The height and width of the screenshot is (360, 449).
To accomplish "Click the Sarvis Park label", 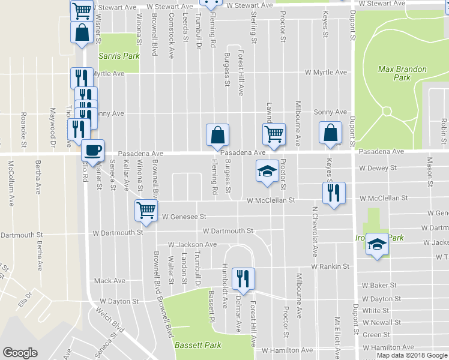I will click(x=119, y=56).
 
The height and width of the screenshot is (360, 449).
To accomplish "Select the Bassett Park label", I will click(x=197, y=345).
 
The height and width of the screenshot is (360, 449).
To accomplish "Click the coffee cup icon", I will click(x=92, y=150).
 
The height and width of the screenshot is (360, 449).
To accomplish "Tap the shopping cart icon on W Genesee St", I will click(x=146, y=210).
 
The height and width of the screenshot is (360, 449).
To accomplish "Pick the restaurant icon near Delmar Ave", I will click(x=243, y=277).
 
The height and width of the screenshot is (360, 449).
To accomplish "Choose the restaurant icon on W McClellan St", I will click(x=334, y=193).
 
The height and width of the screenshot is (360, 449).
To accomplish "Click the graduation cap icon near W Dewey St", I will click(x=267, y=171).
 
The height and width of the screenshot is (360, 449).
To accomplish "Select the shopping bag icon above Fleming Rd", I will click(x=217, y=135).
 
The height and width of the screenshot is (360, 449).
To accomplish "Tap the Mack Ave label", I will click(x=109, y=281).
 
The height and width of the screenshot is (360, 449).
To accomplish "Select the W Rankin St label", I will click(x=330, y=266).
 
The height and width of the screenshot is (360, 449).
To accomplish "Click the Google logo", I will click(x=20, y=353).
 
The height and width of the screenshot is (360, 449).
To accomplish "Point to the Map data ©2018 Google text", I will click(x=412, y=355).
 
